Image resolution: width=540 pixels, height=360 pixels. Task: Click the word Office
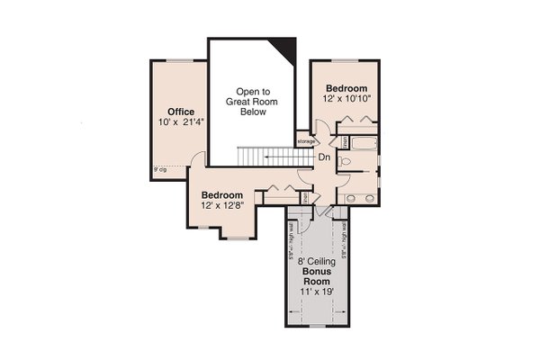pyautogui.click(x=181, y=112)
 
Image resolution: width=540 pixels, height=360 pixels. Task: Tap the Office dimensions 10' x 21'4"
pyautogui.click(x=181, y=122)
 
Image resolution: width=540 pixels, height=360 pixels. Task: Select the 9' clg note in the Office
pyautogui.click(x=160, y=168)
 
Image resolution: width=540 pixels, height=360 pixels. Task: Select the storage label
pyautogui.click(x=306, y=141)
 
